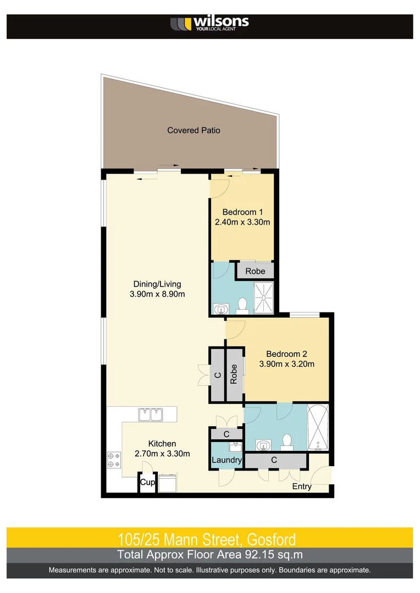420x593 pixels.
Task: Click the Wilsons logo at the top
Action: pyautogui.click(x=209, y=23)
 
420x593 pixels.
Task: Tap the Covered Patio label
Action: pyautogui.click(x=194, y=130)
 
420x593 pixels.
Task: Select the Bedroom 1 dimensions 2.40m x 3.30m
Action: pyautogui.click(x=242, y=222)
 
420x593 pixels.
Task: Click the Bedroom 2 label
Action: pyautogui.click(x=286, y=354)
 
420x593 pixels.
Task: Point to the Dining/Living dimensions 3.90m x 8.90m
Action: pyautogui.click(x=157, y=294)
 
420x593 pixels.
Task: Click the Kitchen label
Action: pyautogui.click(x=162, y=444)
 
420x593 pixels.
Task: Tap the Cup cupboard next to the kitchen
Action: pyautogui.click(x=147, y=483)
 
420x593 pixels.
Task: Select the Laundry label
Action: pyautogui.click(x=226, y=460)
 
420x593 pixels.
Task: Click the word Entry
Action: pyautogui.click(x=302, y=486)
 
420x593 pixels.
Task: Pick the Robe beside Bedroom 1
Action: pyautogui.click(x=255, y=271)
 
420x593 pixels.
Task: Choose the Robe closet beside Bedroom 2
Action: pyautogui.click(x=234, y=374)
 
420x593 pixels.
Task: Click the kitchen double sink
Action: pyautogui.click(x=150, y=414)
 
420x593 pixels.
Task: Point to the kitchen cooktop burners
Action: pyautogui.click(x=114, y=459)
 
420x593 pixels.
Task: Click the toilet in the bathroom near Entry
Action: pyautogui.click(x=286, y=441)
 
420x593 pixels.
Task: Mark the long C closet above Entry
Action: pyautogui.click(x=274, y=460)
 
